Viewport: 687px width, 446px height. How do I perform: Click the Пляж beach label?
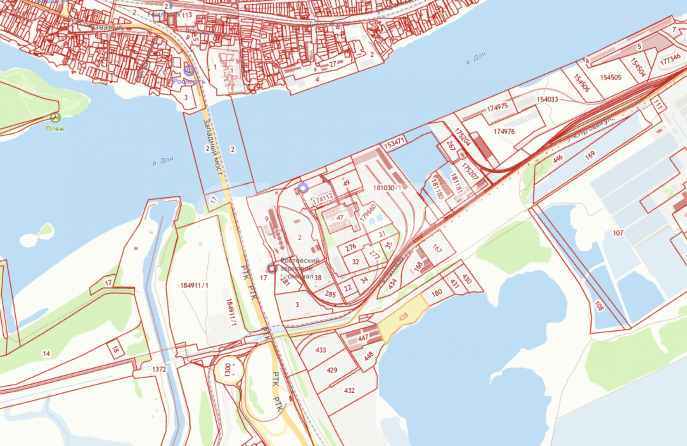coord(55,129)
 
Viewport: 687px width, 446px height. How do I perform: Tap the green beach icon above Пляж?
coord(55,118)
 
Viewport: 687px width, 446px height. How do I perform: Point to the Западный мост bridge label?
coord(213,146)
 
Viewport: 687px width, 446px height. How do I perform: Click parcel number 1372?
coord(159,369)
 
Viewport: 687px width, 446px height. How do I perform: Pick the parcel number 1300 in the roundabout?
coord(228,369)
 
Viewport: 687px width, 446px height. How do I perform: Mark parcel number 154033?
coord(547,100)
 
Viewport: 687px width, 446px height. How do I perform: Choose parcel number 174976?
coord(504,131)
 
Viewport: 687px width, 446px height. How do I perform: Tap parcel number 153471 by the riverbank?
coord(394,143)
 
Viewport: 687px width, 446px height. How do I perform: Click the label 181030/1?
coord(387,188)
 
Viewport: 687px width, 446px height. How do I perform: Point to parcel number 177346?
coord(670,60)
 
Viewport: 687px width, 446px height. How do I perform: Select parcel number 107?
coord(618,233)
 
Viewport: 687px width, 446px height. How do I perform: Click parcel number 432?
coord(349,390)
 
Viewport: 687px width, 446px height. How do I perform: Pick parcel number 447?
coord(363,338)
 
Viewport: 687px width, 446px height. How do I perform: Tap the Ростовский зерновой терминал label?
coord(300,268)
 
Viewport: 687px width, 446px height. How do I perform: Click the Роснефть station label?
coord(189,81)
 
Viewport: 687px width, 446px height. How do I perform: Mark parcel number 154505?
coord(611,77)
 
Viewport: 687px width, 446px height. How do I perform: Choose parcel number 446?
coord(557,159)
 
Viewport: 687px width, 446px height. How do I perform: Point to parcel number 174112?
coord(322,199)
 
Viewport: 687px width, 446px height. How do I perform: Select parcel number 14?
coord(46,353)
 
